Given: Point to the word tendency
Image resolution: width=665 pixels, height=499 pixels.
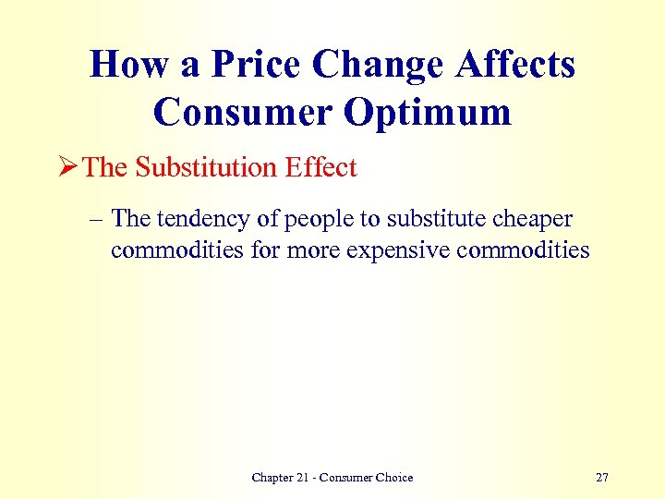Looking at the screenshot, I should point(197,220).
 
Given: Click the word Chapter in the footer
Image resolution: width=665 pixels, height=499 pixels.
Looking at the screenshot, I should point(274,477).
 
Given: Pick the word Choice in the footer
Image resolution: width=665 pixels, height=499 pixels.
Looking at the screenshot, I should point(393,477).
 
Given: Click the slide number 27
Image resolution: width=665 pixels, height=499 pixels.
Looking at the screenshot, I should point(602,477).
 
